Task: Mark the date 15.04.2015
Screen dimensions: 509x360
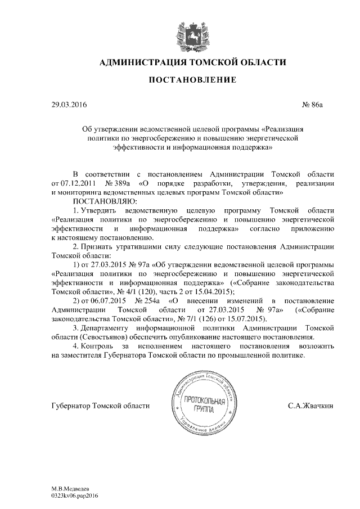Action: coord(215,291)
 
